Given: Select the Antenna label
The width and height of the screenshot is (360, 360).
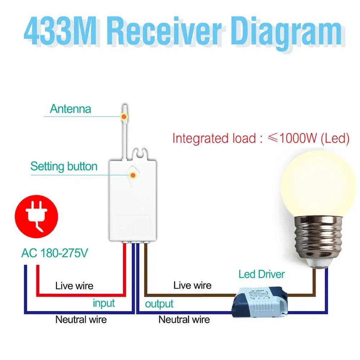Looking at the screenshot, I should pyautogui.click(x=71, y=109).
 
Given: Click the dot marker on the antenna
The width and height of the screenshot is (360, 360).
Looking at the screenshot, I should pyautogui.click(x=124, y=116).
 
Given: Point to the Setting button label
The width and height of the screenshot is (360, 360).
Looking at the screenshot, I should pyautogui.click(x=64, y=167).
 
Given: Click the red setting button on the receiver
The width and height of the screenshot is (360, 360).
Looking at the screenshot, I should pyautogui.click(x=133, y=175).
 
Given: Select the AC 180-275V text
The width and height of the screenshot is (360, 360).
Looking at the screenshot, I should pyautogui.click(x=54, y=253).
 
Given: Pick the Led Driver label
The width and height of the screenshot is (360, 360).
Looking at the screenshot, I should pyautogui.click(x=261, y=274).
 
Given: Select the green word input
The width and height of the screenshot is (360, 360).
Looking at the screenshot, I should pyautogui.click(x=104, y=303).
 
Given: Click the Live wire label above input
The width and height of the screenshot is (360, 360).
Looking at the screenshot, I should pyautogui.click(x=74, y=286).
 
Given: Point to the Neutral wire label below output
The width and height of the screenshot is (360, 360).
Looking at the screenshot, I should pyautogui.click(x=184, y=319).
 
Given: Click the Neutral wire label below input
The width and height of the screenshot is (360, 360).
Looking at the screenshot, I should pyautogui.click(x=81, y=319).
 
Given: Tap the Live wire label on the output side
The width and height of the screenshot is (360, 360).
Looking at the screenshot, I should pyautogui.click(x=192, y=285).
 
